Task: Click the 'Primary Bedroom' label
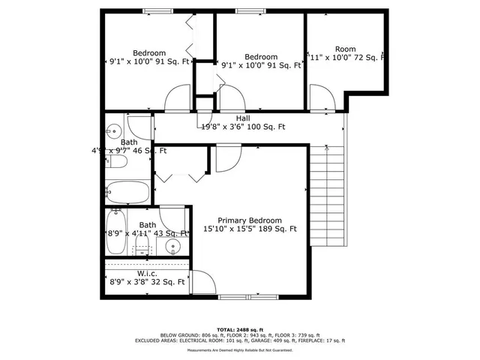click(x=250, y=220)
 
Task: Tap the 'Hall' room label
click(x=243, y=118)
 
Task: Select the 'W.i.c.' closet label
click(x=146, y=273)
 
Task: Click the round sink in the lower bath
click(x=174, y=245)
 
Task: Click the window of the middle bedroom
click(x=247, y=10)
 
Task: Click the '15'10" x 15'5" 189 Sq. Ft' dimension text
click(x=250, y=229)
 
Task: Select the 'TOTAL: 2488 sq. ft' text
click(x=239, y=329)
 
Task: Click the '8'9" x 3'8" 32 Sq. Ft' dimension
click(x=146, y=283)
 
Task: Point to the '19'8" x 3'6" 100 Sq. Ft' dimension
click(x=243, y=127)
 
